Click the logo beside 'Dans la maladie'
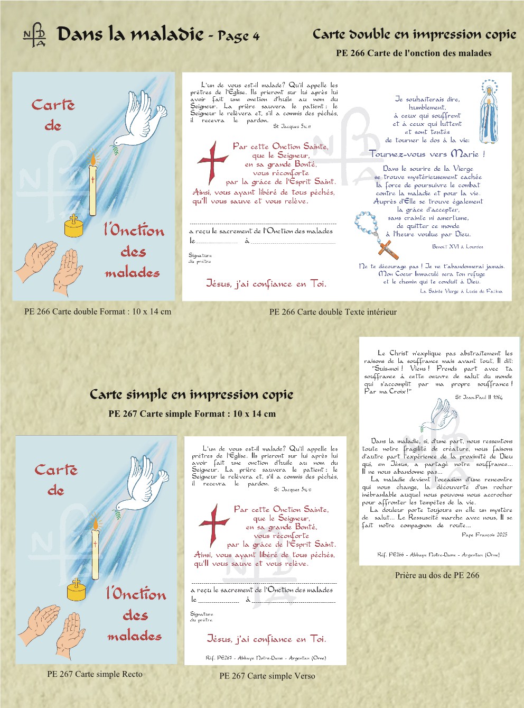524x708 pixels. (x=35, y=35)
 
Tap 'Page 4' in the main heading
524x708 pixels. (x=239, y=36)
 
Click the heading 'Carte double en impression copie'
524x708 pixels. (x=414, y=34)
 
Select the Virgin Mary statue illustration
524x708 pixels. (x=489, y=111)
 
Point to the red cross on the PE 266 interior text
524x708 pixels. (x=212, y=161)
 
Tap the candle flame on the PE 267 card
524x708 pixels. (x=96, y=523)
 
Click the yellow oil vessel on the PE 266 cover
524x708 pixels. (x=74, y=226)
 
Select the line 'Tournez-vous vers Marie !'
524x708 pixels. (x=427, y=154)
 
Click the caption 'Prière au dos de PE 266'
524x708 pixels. (x=437, y=575)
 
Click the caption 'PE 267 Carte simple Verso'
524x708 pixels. (x=267, y=676)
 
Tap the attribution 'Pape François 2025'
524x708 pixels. (x=484, y=535)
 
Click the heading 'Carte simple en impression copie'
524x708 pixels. (x=191, y=394)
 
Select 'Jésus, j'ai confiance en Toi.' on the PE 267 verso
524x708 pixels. (x=266, y=639)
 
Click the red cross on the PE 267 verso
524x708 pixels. (x=213, y=524)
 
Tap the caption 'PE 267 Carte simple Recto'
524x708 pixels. (x=95, y=674)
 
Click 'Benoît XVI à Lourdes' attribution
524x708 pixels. (x=457, y=246)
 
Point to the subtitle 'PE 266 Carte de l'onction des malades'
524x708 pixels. (x=414, y=53)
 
